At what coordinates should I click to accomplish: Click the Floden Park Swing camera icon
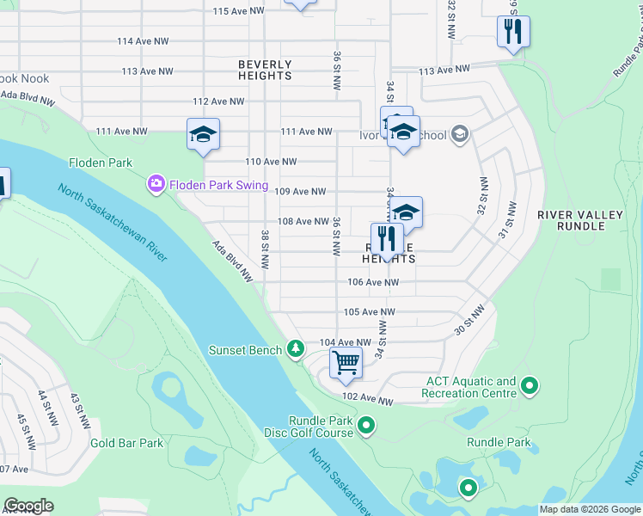(x=156, y=183)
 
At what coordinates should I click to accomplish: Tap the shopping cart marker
(x=346, y=363)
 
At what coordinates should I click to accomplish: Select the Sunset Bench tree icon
(x=296, y=348)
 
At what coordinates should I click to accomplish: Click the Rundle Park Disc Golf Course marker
(x=366, y=425)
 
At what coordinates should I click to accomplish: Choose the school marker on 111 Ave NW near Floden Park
(x=204, y=135)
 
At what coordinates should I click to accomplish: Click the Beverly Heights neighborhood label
(x=266, y=70)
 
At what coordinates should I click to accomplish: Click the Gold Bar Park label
(x=126, y=444)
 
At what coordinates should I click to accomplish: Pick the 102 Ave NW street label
(x=367, y=401)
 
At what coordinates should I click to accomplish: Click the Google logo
(x=28, y=506)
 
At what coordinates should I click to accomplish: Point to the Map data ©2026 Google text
(x=589, y=509)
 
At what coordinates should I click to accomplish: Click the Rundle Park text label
(x=499, y=442)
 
